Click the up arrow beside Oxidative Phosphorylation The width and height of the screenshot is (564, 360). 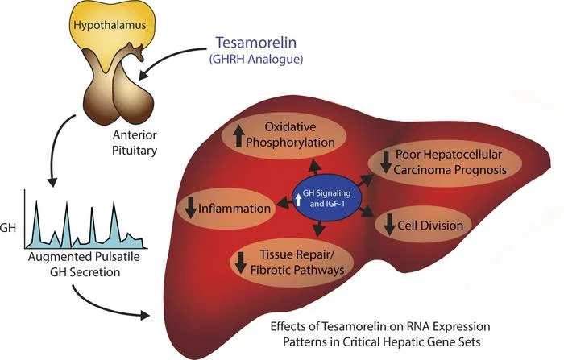pos(238,137)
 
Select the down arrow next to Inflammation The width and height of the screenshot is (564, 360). pos(191,209)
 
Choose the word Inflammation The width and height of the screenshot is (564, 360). pos(234,209)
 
